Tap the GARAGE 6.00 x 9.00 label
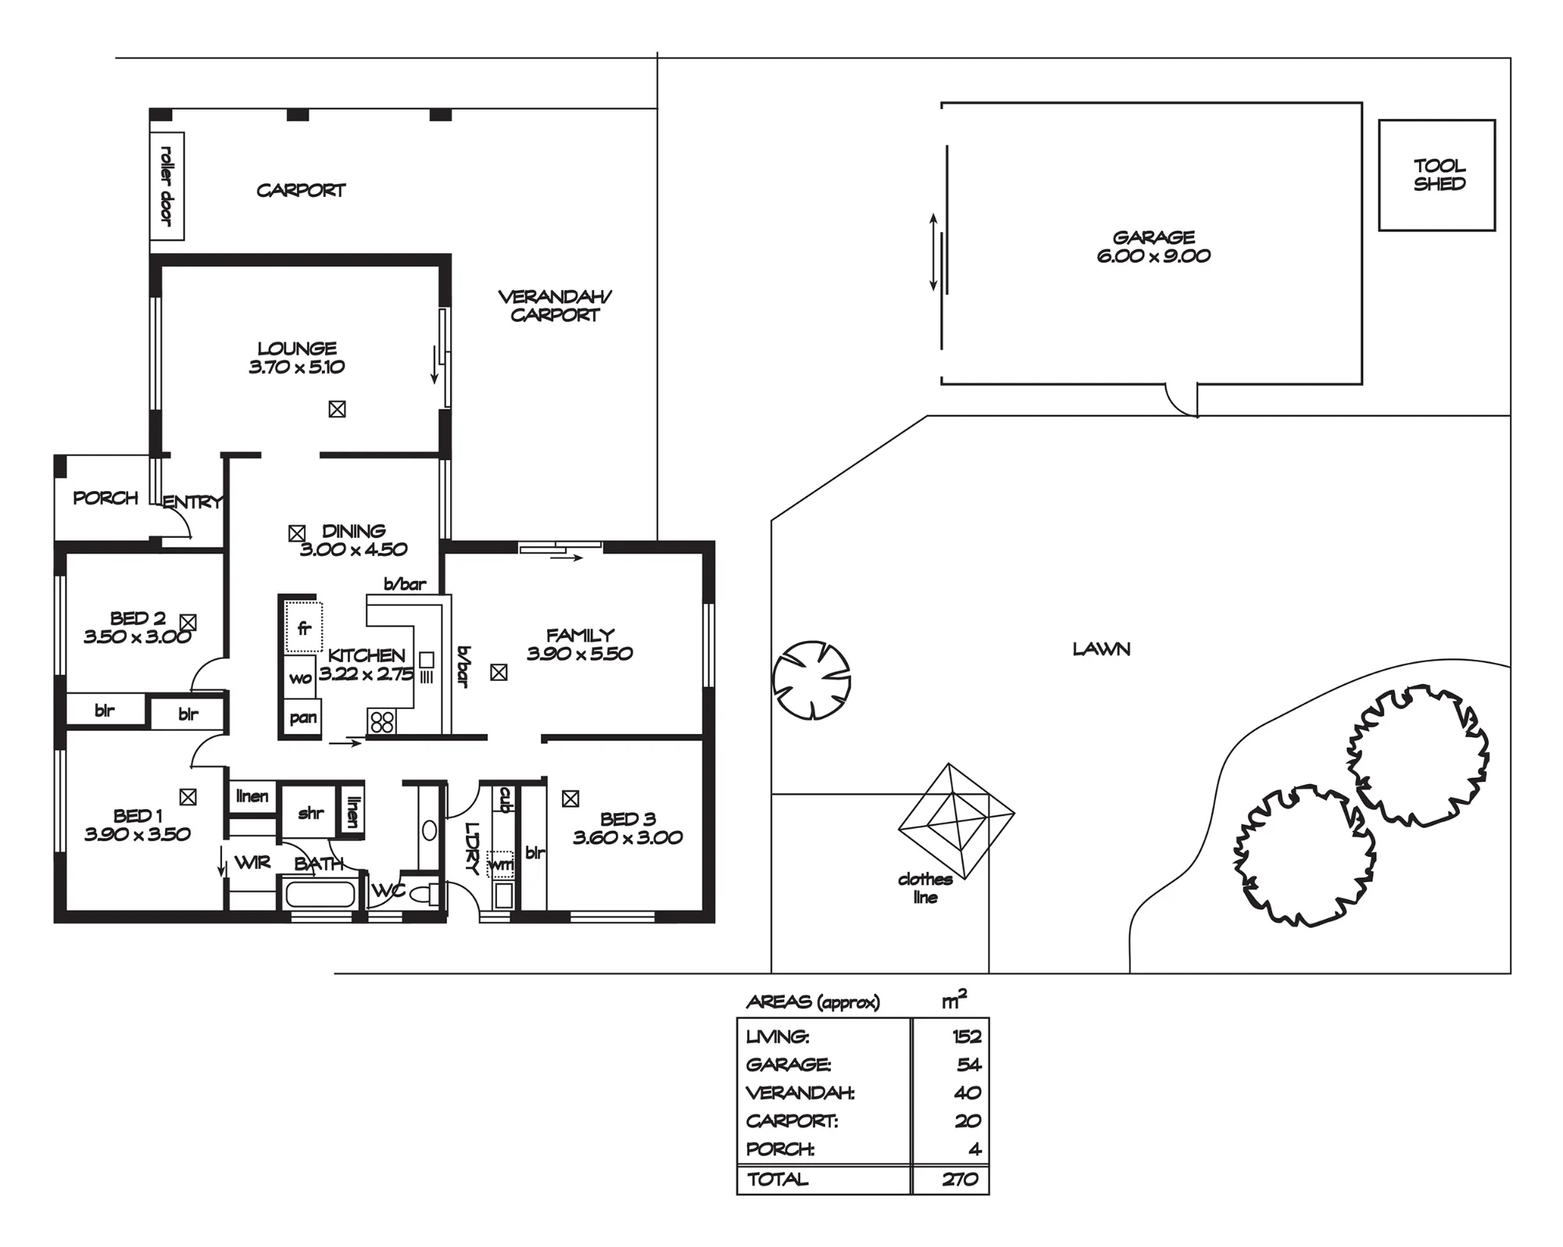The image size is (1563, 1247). (x=1153, y=246)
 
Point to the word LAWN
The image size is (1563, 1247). (x=1101, y=649)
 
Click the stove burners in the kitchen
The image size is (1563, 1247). (x=381, y=721)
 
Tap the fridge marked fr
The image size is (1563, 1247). (x=303, y=627)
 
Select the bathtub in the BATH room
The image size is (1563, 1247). (x=320, y=894)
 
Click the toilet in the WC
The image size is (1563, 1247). (x=426, y=894)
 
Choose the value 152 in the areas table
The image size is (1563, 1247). (x=967, y=1037)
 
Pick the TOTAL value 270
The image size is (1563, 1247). (x=960, y=1179)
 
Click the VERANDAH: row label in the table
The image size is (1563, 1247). (x=800, y=1093)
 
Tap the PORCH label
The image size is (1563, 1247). (x=106, y=498)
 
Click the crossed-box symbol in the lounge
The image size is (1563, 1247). (x=337, y=409)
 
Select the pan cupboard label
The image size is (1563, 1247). (x=303, y=718)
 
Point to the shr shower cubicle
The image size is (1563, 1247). (x=309, y=813)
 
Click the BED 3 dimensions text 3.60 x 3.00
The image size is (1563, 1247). (x=628, y=838)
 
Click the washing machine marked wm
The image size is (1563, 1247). (x=501, y=865)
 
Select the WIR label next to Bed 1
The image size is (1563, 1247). (x=252, y=862)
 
